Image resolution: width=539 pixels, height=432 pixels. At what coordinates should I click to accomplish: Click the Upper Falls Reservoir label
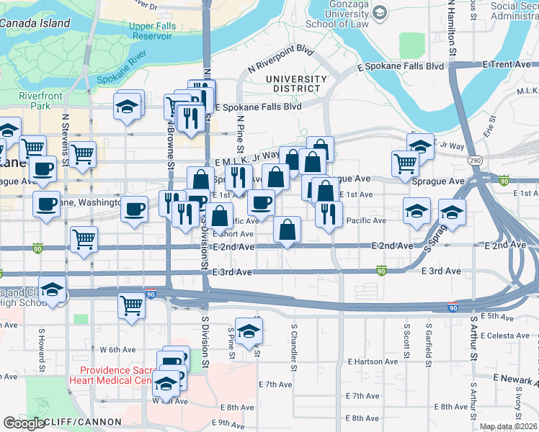(151, 31)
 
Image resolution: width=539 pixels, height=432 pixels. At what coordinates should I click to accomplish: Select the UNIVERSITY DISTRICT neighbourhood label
(295, 84)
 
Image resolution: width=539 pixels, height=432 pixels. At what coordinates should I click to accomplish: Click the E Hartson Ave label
(372, 361)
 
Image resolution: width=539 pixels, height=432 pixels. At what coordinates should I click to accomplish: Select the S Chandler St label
(294, 343)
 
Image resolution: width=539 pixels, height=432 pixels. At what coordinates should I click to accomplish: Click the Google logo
(24, 423)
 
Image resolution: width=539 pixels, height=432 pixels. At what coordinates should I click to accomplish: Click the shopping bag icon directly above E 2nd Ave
(287, 230)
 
